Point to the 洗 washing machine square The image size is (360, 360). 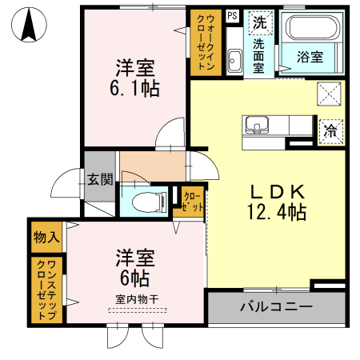[x=259, y=22]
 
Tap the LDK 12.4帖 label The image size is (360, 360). [x=274, y=203]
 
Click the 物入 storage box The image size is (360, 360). [x=46, y=237]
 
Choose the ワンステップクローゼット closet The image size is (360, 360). [x=46, y=290]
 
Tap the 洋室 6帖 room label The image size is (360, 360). [x=134, y=269]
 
